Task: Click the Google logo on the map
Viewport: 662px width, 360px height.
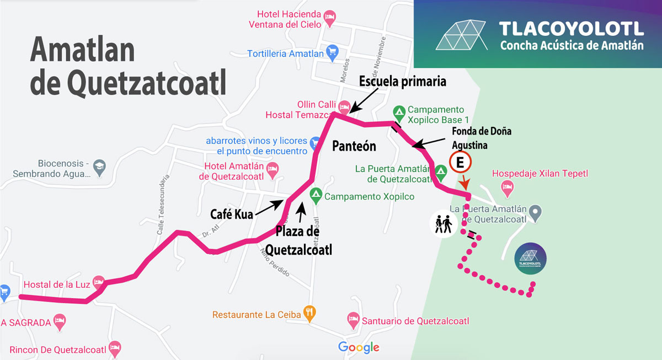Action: coord(359,347)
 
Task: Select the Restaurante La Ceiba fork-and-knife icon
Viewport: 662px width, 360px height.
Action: coord(310,315)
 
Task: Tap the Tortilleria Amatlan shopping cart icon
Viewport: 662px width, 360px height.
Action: coord(332,53)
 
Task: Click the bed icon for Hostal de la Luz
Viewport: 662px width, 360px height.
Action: coord(99,282)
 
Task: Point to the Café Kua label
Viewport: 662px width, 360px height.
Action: coord(231,214)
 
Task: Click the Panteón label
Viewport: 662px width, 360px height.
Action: coord(354,146)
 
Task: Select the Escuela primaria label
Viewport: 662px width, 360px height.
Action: coord(402,82)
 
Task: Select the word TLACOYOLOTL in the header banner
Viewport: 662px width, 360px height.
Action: coord(571,29)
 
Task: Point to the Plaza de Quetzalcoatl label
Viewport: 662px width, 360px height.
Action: coord(298,240)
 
